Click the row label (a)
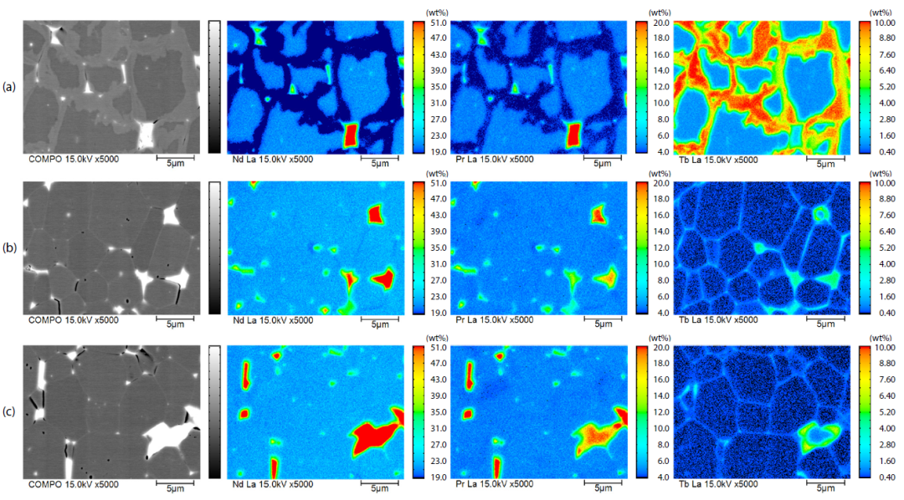point(9,86)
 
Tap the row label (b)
point(9,248)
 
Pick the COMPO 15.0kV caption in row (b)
point(74,321)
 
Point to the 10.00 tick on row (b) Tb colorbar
point(882,184)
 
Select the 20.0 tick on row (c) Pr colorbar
point(658,346)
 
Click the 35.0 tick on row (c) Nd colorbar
point(434,411)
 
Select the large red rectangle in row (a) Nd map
point(352,134)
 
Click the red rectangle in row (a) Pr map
point(573,134)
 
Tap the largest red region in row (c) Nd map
point(374,437)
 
